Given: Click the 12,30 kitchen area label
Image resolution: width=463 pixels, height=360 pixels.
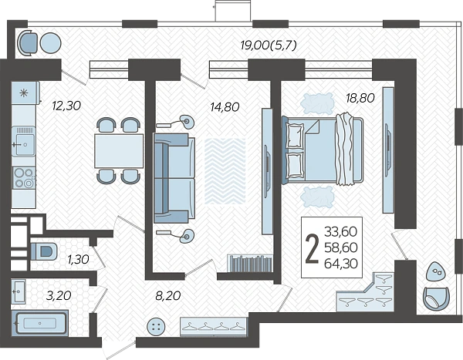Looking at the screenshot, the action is (x=66, y=106).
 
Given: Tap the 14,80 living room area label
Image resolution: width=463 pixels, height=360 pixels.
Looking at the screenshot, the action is (x=225, y=107).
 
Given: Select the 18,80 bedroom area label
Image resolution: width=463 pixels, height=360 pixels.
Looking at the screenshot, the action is (x=360, y=98).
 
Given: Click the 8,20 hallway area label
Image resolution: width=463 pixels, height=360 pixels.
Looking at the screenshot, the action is (x=168, y=295).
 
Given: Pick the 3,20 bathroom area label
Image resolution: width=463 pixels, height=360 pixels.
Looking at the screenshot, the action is (x=59, y=295).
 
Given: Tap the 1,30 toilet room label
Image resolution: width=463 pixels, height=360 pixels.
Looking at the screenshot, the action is (x=78, y=259).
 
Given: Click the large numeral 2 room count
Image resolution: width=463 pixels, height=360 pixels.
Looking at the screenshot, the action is (x=312, y=248).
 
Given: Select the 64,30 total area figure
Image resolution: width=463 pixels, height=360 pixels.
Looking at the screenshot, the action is (x=341, y=263).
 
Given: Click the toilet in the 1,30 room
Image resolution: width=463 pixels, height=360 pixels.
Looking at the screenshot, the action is (x=44, y=251).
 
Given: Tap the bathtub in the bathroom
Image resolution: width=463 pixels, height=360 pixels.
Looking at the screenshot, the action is (x=40, y=323).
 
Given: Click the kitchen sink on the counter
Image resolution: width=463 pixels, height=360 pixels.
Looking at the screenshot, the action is (x=24, y=141).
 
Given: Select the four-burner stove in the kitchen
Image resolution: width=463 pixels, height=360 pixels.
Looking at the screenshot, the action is (x=24, y=177).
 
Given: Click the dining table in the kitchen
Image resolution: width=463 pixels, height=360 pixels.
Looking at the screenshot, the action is (x=119, y=151).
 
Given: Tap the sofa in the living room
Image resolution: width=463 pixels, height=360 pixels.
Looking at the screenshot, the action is (x=174, y=178).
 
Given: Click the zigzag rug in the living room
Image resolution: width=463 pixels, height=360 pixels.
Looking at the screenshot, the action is (x=225, y=171).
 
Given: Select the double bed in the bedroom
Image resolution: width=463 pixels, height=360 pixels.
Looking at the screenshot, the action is (x=323, y=150).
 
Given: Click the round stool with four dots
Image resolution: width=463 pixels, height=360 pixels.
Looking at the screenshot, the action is (x=156, y=326).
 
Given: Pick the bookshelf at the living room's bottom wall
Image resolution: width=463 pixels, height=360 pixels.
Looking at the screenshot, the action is (x=250, y=263).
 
